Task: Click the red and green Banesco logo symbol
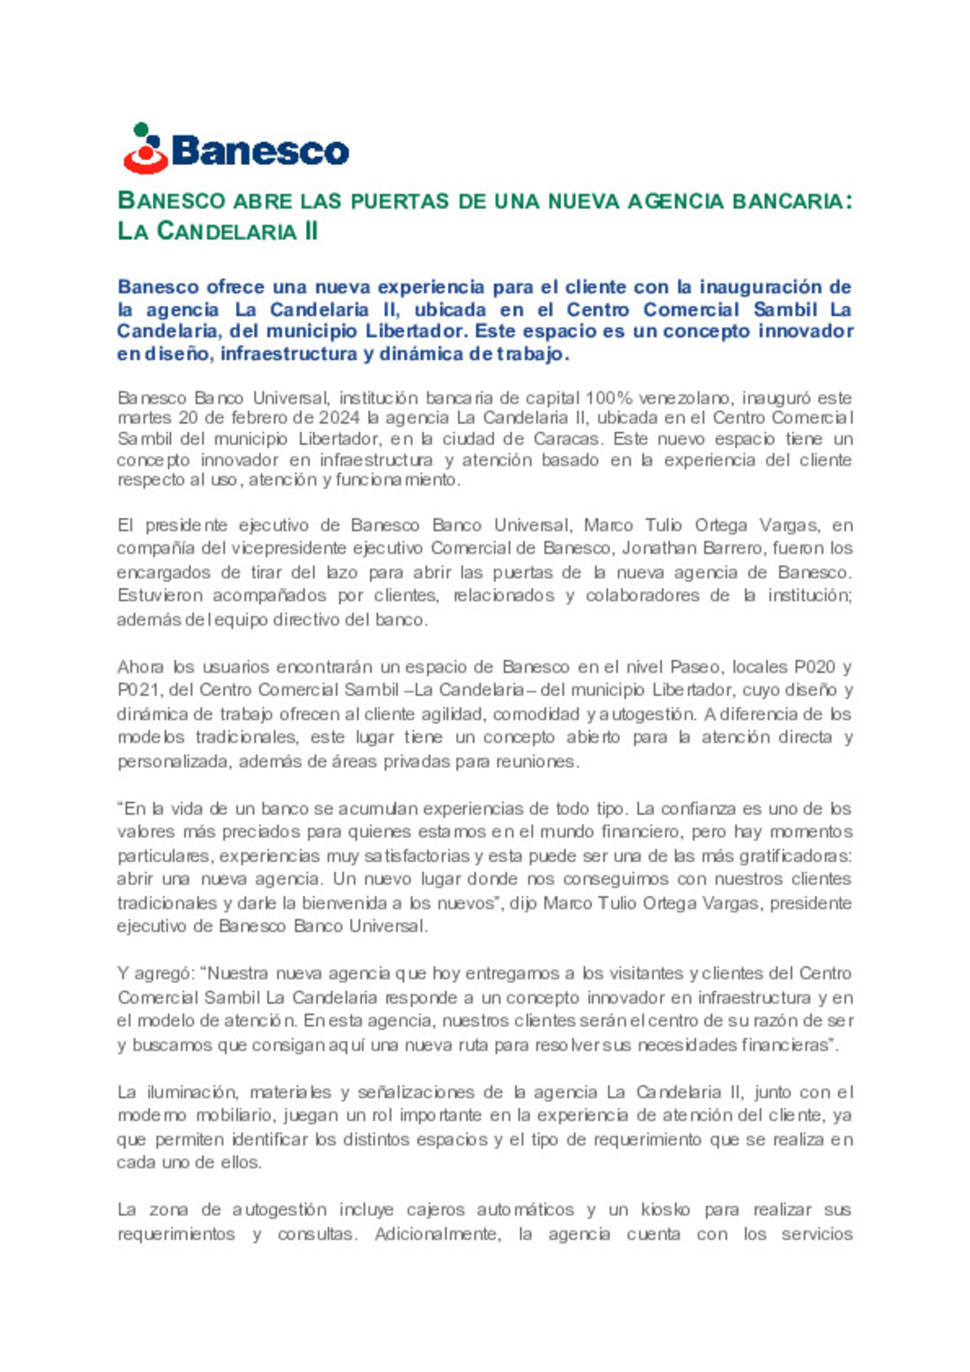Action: click(x=145, y=149)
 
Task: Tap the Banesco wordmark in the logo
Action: click(x=260, y=151)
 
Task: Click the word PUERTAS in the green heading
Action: click(x=400, y=201)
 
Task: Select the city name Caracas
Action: click(x=565, y=439)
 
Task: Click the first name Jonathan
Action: click(x=657, y=549)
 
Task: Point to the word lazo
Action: click(x=342, y=572)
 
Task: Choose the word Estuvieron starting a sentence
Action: click(x=160, y=595)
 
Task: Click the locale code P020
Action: click(x=815, y=667)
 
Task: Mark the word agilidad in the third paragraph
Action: click(x=422, y=715)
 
